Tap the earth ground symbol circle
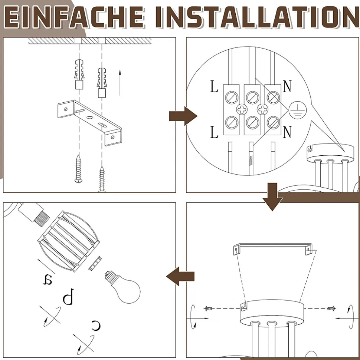298,110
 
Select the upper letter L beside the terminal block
214,87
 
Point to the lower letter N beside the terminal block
287,132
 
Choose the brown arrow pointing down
273,197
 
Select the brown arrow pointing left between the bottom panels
180,276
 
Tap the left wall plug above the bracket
79,74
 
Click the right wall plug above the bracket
102,83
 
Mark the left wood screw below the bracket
78,169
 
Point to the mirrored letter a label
48,279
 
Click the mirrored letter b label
69,296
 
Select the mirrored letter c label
96,325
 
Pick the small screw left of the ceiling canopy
209,308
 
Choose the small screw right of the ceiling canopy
331,308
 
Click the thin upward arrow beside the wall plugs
120,82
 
